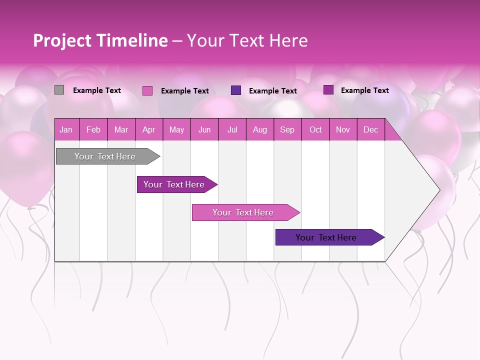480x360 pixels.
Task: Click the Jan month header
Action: coord(66,130)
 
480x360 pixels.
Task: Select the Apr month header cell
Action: coord(148,130)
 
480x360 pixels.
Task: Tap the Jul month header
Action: coord(232,130)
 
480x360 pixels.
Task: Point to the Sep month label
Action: coord(287,130)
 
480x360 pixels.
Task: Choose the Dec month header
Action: coord(370,130)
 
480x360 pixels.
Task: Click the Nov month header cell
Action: coord(342,130)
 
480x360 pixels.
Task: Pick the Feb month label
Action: coord(93,130)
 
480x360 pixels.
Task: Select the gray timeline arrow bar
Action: coord(105,156)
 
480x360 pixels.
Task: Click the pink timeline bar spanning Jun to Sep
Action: coord(243,212)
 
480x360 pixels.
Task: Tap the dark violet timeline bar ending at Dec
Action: coord(326,237)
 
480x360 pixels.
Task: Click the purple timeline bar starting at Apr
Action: coord(174,184)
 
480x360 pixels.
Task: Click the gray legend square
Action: coord(59,90)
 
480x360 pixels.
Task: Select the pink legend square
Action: coord(147,90)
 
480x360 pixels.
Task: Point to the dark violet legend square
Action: coord(236,90)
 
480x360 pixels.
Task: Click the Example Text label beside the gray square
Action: coord(97,90)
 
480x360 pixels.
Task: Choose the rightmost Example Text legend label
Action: coord(365,90)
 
